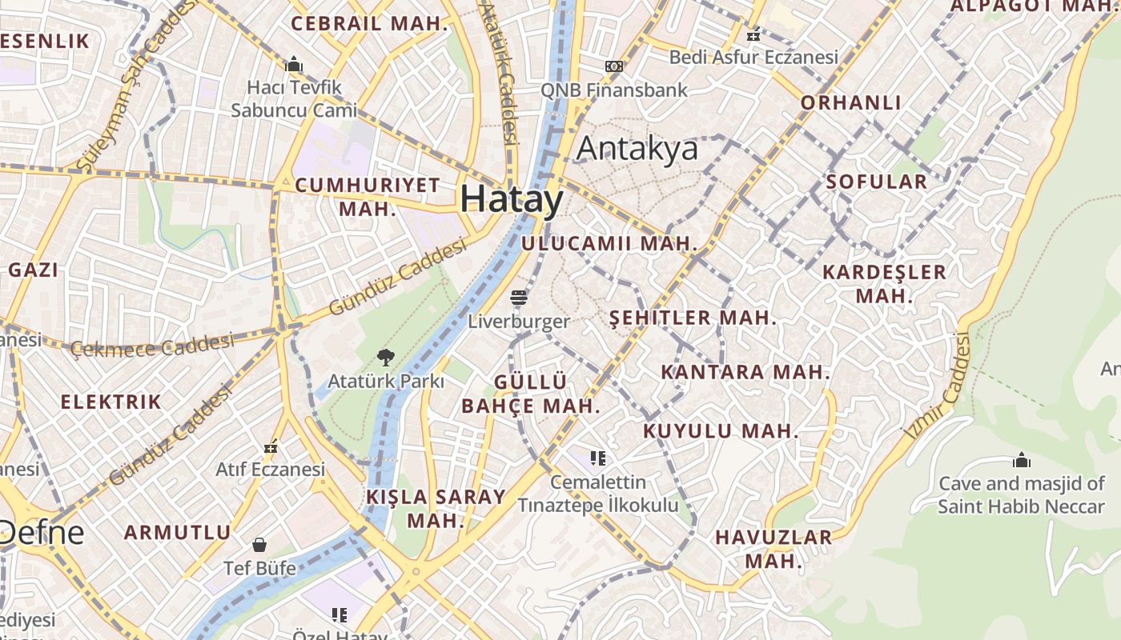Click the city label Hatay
[512, 199]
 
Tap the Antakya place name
[637, 149]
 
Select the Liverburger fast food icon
[519, 298]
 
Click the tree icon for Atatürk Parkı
[386, 357]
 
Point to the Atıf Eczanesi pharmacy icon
[271, 446]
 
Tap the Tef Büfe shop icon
[259, 545]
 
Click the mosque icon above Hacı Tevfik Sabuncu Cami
[294, 63]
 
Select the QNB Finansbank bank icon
[614, 66]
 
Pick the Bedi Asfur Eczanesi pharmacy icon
[753, 34]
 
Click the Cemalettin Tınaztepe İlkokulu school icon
[597, 458]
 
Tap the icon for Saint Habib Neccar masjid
[1021, 460]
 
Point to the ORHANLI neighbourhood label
[851, 102]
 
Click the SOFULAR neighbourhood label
[876, 182]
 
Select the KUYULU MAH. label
[721, 431]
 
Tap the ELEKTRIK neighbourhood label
[111, 402]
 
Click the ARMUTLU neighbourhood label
[177, 532]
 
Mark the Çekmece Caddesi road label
[152, 346]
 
